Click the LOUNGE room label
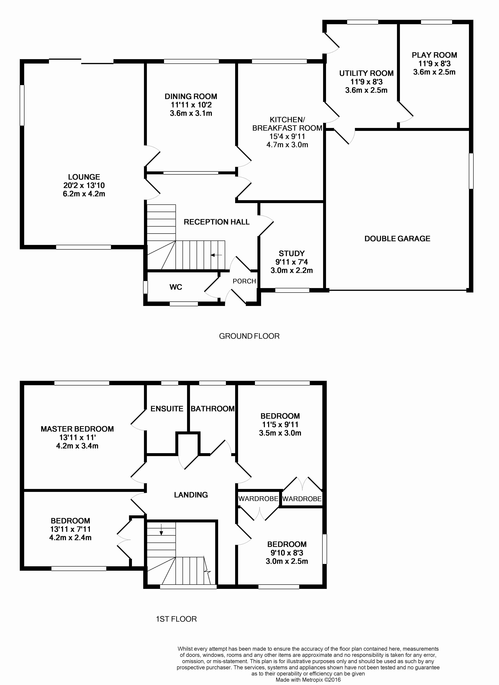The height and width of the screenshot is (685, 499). pyautogui.click(x=84, y=177)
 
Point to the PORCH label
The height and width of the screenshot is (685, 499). pyautogui.click(x=244, y=281)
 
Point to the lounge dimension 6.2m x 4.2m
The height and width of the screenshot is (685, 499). pyautogui.click(x=84, y=194)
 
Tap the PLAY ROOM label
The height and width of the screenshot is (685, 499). pyautogui.click(x=434, y=55)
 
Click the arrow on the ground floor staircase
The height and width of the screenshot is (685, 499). pyautogui.click(x=216, y=255)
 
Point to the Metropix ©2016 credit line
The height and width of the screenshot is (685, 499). pyautogui.click(x=308, y=680)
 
